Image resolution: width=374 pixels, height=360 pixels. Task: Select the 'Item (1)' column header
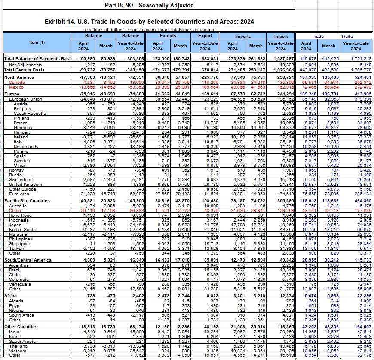coord(37,43)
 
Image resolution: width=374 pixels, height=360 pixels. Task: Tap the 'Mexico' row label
coord(16,86)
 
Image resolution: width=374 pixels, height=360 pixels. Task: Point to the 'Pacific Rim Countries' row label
coord(27,201)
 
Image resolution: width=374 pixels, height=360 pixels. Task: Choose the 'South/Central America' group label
coord(28,260)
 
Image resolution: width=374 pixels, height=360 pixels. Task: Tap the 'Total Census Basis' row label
coord(25,69)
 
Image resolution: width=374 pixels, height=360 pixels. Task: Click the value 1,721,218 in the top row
coord(359,58)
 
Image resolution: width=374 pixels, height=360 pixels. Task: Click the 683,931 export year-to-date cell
coord(205,58)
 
